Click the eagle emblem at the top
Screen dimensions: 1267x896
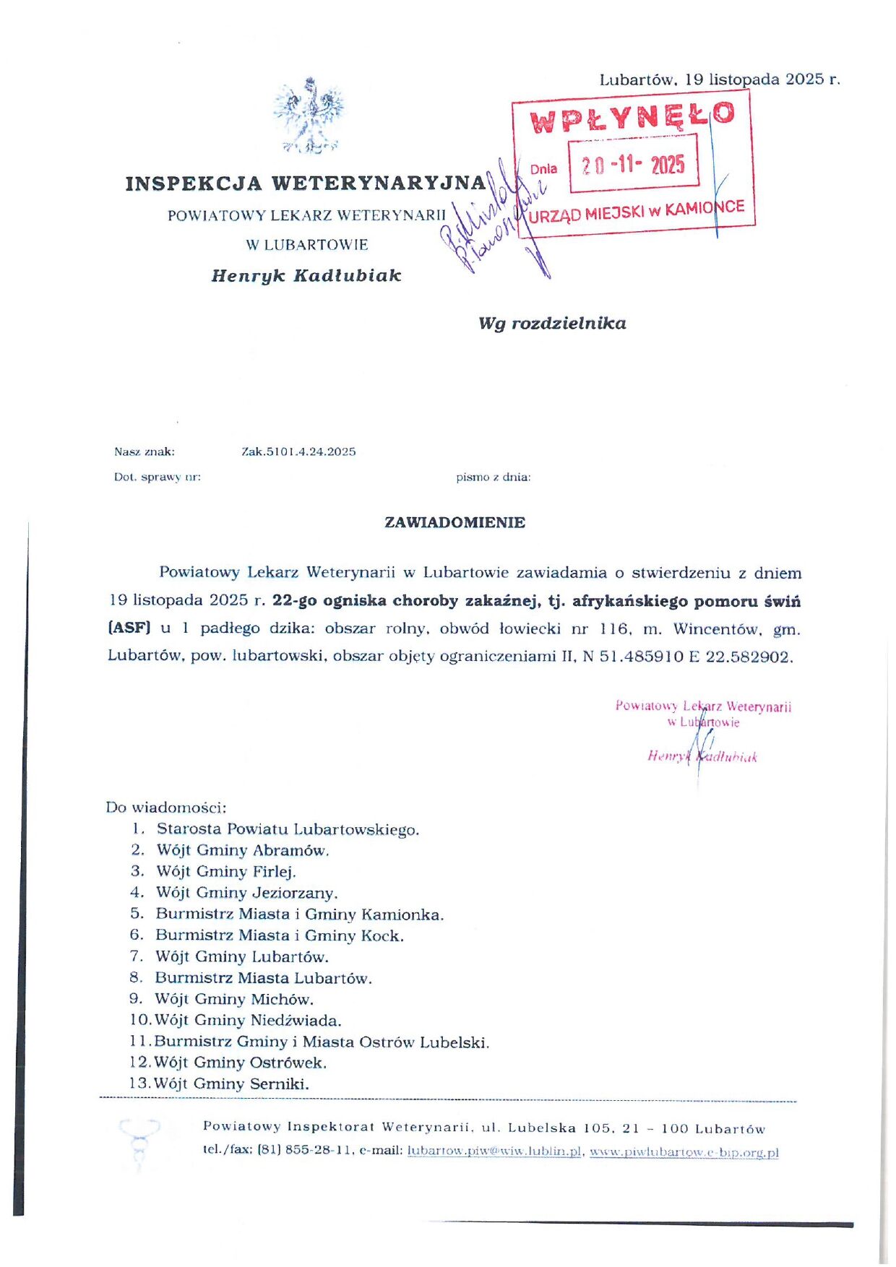coord(309,116)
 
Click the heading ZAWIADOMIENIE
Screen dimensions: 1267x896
coord(455,522)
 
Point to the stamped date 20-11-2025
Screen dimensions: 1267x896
coord(633,165)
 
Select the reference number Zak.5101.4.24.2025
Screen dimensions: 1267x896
coord(298,452)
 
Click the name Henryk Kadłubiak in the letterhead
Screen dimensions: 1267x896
coord(306,276)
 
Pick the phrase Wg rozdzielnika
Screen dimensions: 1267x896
coord(552,324)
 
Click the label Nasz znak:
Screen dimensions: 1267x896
coord(145,452)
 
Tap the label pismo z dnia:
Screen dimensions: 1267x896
coord(494,477)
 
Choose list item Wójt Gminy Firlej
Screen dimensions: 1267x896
coord(226,872)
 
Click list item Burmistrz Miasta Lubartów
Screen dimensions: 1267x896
coord(263,978)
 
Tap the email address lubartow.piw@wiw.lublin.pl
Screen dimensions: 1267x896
coord(494,1151)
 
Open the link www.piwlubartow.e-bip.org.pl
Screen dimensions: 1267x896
coord(684,1153)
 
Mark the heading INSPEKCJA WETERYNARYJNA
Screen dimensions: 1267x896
coord(306,183)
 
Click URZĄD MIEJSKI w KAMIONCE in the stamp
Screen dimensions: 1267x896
coord(636,212)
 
